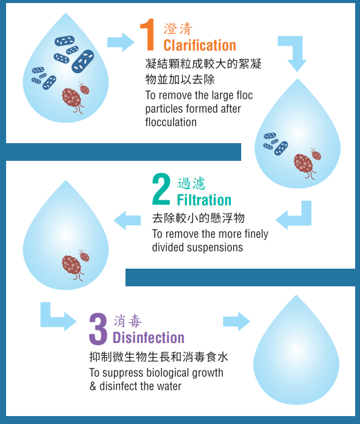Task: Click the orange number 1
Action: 147,35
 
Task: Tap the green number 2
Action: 161,189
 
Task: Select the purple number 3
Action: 98,329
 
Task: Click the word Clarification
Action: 200,45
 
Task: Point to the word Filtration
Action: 204,200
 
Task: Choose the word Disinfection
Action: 149,337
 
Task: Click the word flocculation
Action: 171,122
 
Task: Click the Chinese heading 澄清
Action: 178,29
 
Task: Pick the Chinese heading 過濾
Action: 191,183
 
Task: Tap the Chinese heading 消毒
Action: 127,321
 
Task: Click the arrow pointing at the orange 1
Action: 121,42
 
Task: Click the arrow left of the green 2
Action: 127,221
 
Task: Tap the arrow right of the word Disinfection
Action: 236,321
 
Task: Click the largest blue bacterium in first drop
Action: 83,61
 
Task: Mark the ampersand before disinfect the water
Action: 93,386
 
